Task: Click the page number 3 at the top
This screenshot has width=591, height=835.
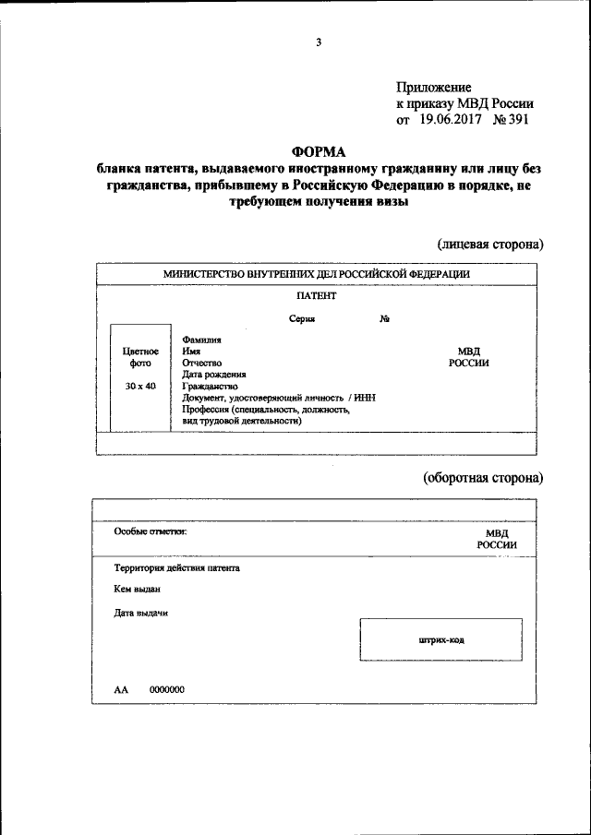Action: click(x=318, y=42)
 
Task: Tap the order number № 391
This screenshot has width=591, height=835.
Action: click(x=512, y=119)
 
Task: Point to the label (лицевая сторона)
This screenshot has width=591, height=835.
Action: click(x=489, y=245)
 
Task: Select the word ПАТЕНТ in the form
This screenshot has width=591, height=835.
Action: click(x=317, y=296)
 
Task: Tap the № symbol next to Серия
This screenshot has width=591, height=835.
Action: click(x=383, y=319)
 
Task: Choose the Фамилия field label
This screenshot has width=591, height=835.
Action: click(x=201, y=340)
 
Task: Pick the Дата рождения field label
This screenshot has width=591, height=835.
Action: click(x=214, y=375)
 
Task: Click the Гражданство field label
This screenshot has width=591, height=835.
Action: click(x=210, y=387)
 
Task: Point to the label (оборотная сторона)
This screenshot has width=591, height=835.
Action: click(x=483, y=478)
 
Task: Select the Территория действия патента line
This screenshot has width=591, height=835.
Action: click(x=176, y=568)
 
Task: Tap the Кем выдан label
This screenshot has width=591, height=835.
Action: click(x=138, y=589)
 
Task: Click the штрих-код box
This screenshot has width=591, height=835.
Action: click(x=440, y=639)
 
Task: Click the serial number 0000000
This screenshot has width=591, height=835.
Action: click(x=167, y=689)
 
